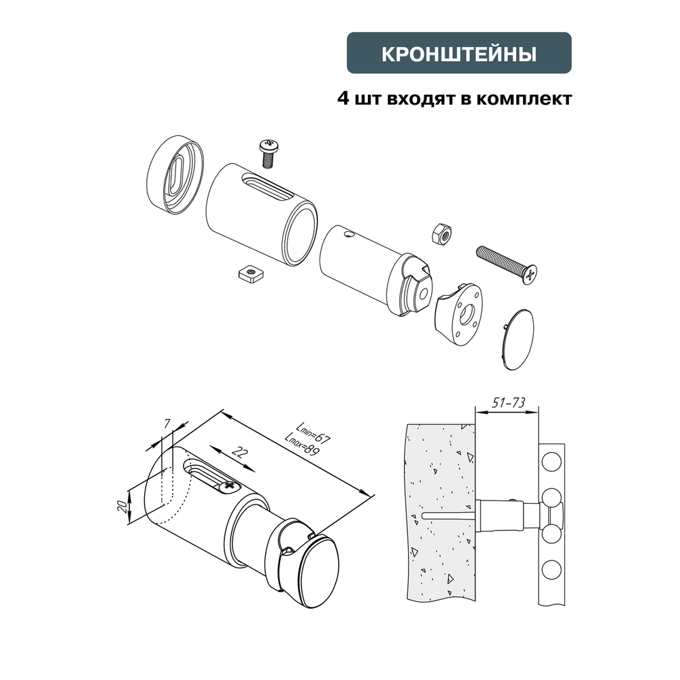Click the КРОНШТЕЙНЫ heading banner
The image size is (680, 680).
click(459, 54)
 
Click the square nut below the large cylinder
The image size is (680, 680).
click(250, 273)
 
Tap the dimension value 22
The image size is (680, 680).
click(238, 452)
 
